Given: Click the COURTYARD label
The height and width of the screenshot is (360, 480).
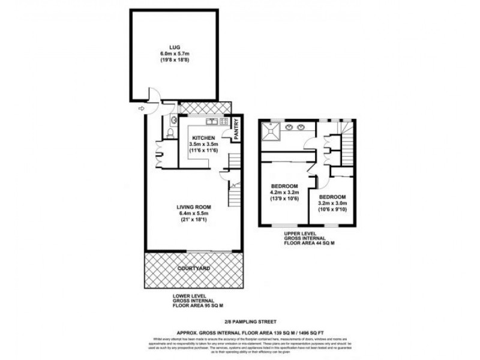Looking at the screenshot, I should [193, 268].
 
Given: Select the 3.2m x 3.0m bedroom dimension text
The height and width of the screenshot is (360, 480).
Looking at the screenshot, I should [331, 203].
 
